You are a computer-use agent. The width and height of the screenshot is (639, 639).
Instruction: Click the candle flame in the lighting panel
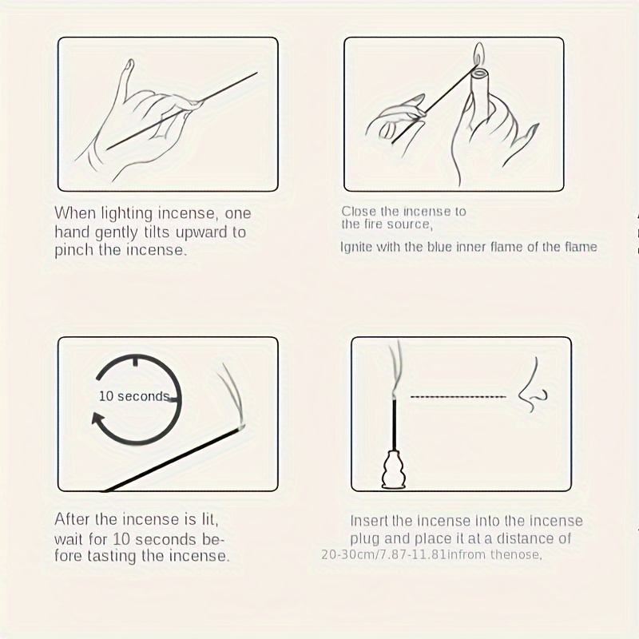click(479, 54)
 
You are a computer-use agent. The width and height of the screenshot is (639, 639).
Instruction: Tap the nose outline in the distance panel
click(532, 385)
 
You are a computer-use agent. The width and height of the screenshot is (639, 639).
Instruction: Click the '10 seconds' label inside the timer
click(134, 396)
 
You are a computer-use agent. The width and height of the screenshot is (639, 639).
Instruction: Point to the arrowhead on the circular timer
click(98, 420)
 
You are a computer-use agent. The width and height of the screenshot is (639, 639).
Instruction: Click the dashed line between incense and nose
click(458, 396)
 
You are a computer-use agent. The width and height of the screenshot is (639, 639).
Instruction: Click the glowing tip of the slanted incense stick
click(240, 427)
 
